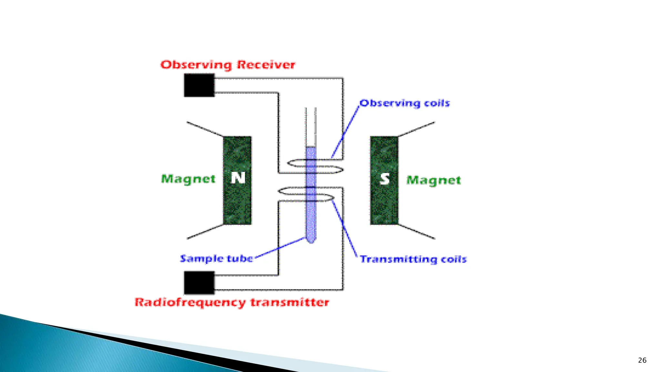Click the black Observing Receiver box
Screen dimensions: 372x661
(x=199, y=85)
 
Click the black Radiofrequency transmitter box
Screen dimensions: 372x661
(x=199, y=283)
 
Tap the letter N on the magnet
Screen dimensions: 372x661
(x=238, y=178)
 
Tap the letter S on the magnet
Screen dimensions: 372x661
(x=384, y=179)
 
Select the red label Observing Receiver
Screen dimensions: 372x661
(x=228, y=65)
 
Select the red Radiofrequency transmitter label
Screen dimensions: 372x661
(x=232, y=303)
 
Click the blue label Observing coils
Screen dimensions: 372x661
(x=405, y=103)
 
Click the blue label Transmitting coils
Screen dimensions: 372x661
(x=413, y=259)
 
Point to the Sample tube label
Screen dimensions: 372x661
(x=217, y=258)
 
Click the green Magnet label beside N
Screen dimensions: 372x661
(x=188, y=179)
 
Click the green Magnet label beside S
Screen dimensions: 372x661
(x=433, y=180)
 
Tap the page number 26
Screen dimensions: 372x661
(x=642, y=360)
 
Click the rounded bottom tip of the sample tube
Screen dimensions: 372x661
(x=311, y=240)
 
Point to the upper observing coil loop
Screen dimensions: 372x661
(x=315, y=166)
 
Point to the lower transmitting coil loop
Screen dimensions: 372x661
(x=306, y=194)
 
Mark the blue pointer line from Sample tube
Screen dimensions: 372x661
(x=280, y=248)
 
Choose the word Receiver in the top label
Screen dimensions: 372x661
(x=266, y=65)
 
